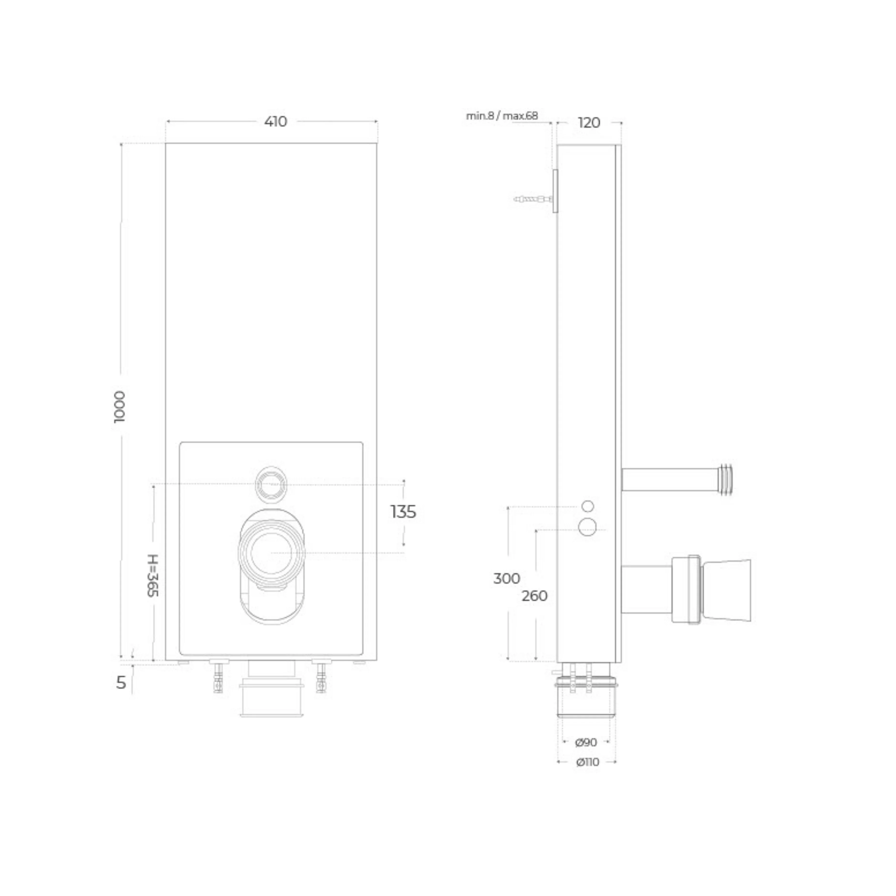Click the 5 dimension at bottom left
pyautogui.click(x=121, y=683)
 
